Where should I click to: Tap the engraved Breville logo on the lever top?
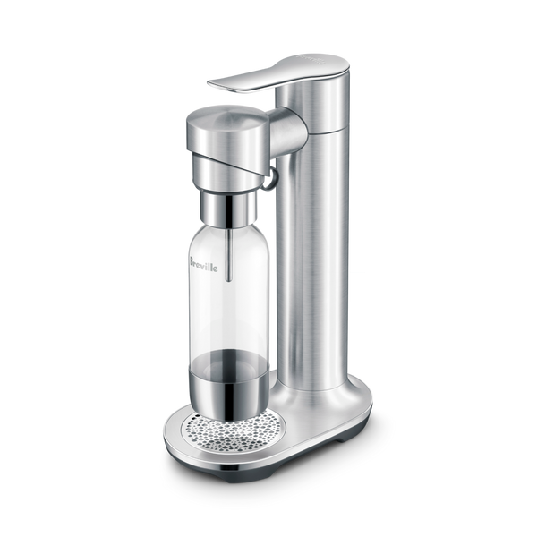(x=311, y=58)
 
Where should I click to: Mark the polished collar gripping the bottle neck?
(x=228, y=209)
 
